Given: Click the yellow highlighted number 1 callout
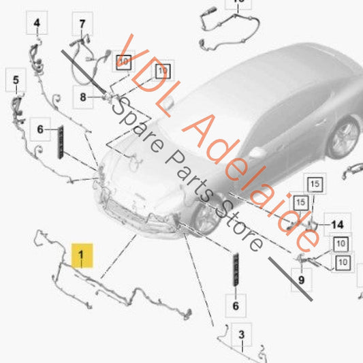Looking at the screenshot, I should coord(82,256).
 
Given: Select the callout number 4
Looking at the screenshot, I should coord(37,25).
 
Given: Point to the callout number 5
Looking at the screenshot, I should coord(14,82).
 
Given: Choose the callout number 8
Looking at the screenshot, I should coord(82,97).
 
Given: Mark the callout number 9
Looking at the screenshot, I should coord(300,279).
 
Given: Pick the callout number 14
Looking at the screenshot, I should coord(337,224).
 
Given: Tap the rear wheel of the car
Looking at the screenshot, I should coord(343,136).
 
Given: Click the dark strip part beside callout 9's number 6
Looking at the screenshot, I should coord(236,269).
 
